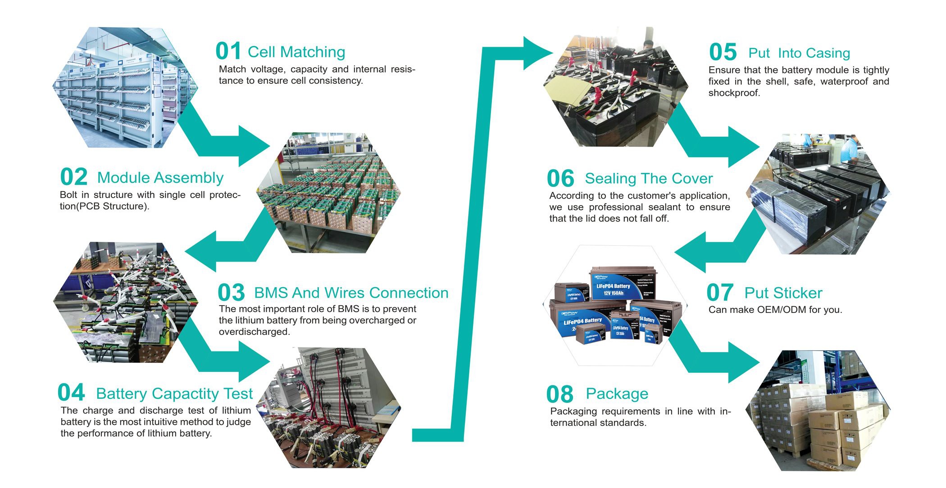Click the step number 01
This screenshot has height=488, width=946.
[x=228, y=51]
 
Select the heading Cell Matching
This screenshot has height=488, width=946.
[x=296, y=52]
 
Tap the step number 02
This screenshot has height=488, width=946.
[x=73, y=177]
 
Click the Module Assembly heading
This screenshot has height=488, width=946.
[x=160, y=178]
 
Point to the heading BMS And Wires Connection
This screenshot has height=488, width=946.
[x=351, y=293]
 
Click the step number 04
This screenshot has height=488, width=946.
[x=71, y=393]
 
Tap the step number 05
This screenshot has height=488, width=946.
[x=723, y=52]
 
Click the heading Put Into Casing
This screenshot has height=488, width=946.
[x=799, y=53]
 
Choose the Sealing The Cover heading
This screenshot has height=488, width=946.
[x=648, y=179]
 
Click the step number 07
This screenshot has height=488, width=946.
[x=719, y=293]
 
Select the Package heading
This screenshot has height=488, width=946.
[x=617, y=394]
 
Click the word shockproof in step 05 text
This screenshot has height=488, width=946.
[x=734, y=93]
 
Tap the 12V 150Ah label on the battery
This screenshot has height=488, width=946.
[x=613, y=293]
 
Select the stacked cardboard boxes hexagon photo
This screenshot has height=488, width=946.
[x=818, y=411]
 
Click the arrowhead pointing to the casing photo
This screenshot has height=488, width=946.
[x=538, y=53]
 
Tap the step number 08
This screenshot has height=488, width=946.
[x=559, y=395]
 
